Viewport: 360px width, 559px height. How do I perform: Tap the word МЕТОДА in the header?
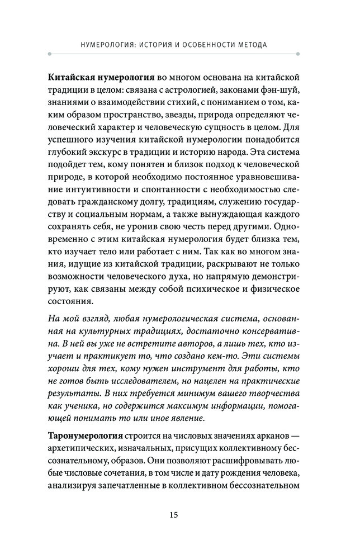point(249,44)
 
